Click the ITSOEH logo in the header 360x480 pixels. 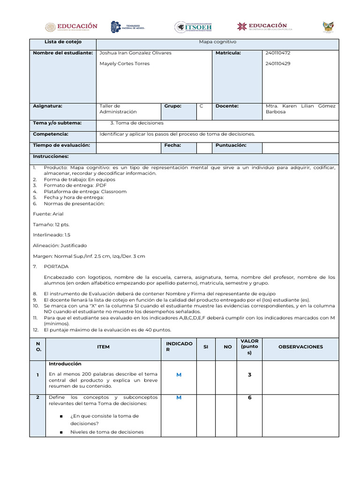(194, 27)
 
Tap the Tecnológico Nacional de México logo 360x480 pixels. (127, 27)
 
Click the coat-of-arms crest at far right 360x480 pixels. (328, 27)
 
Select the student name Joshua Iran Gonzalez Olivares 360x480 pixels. (135, 53)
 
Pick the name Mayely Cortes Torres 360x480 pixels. (125, 64)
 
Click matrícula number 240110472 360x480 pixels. (278, 53)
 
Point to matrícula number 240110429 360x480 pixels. (278, 64)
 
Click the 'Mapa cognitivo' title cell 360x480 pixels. (217, 42)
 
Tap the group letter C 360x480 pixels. (201, 106)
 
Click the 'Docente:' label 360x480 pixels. (227, 106)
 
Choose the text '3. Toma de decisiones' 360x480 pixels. (137, 123)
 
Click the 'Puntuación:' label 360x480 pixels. (231, 145)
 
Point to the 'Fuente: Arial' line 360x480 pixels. (48, 214)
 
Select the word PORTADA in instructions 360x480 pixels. (56, 266)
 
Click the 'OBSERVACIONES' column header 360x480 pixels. (300, 347)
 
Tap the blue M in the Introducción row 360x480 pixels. (179, 375)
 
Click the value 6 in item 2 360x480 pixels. (249, 397)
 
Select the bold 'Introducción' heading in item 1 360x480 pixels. (65, 364)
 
